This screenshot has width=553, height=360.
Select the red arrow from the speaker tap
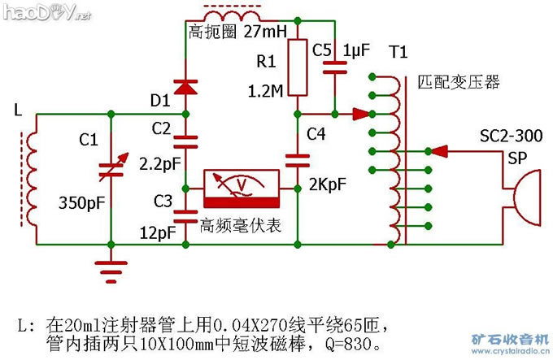[x=440, y=150]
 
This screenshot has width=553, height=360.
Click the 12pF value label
[x=157, y=233]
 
